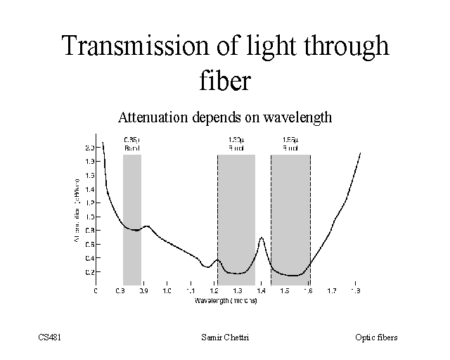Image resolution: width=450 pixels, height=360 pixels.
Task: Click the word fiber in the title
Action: pos(224,79)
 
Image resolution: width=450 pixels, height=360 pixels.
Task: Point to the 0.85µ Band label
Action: pos(132,143)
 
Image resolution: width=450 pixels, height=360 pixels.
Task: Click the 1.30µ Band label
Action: pos(236,143)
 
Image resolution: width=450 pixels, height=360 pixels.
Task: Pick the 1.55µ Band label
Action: pos(290,143)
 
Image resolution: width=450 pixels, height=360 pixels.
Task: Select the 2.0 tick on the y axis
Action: pos(89,148)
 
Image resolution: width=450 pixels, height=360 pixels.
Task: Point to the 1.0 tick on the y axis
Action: pos(89,217)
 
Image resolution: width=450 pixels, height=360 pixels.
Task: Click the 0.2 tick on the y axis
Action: pos(89,271)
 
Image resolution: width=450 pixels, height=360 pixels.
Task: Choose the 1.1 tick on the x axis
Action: pos(191,290)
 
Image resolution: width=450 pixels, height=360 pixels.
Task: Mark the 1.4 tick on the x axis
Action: pos(262,290)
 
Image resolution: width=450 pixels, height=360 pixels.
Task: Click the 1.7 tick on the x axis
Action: pos(333,290)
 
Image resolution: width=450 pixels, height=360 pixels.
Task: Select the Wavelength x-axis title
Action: pos(226,300)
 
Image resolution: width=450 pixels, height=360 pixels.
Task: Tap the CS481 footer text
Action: pos(50,337)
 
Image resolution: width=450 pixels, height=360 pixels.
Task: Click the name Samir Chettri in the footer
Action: pos(224,337)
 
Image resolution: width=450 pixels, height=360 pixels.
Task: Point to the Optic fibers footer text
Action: pos(376,337)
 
